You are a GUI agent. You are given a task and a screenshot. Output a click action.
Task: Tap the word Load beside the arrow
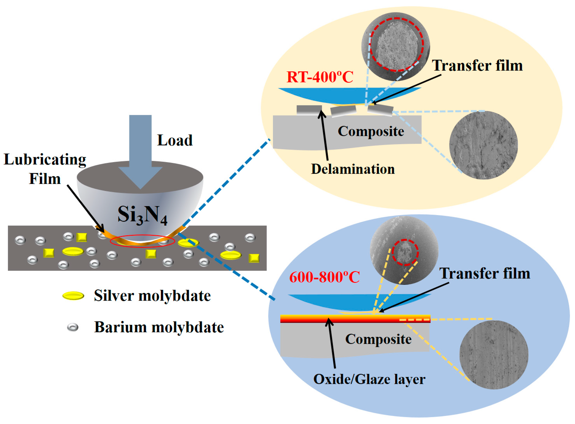pyautogui.click(x=175, y=140)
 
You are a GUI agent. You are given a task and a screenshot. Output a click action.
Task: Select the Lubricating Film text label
pyautogui.click(x=45, y=169)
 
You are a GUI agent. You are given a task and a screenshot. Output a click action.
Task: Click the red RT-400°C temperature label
pyautogui.click(x=320, y=77)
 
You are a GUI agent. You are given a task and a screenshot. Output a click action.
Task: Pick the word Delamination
pyautogui.click(x=353, y=169)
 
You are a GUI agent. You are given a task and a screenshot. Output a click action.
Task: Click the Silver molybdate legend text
pyautogui.click(x=152, y=296)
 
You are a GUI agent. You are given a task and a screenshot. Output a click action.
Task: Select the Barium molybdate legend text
pyautogui.click(x=159, y=327)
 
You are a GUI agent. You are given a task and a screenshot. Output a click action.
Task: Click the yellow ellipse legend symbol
pyautogui.click(x=73, y=296)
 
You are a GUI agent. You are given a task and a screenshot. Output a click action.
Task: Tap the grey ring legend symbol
pyautogui.click(x=73, y=328)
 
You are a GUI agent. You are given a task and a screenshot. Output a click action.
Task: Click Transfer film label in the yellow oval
pyautogui.click(x=477, y=66)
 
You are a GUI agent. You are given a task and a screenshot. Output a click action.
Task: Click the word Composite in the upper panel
pyautogui.click(x=371, y=131)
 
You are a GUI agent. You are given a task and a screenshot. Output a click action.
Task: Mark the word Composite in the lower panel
pyautogui.click(x=378, y=339)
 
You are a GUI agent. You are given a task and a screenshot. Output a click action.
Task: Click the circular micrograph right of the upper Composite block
pyautogui.click(x=483, y=145)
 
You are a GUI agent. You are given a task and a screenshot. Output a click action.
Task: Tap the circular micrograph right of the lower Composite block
pyautogui.click(x=494, y=355)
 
